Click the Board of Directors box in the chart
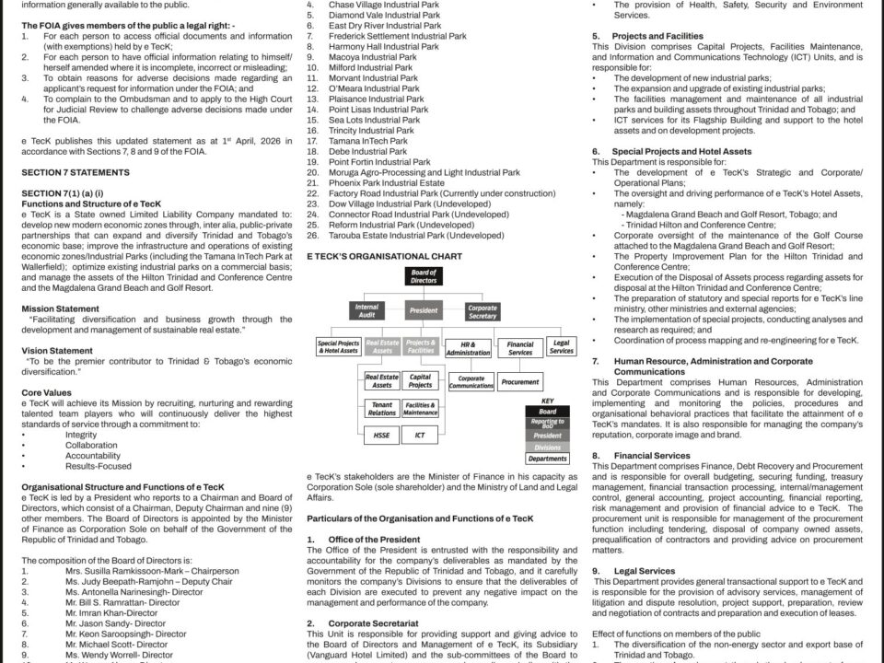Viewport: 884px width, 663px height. click(424, 277)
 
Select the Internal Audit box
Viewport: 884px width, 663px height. click(366, 311)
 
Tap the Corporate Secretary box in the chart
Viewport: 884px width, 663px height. click(483, 311)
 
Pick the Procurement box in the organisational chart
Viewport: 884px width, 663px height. click(520, 381)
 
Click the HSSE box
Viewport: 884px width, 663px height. click(381, 435)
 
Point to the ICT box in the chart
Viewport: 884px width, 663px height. click(420, 435)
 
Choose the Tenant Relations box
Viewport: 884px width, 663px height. click(381, 408)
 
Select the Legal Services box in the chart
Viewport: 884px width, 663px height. click(561, 346)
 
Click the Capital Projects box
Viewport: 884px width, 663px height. click(420, 381)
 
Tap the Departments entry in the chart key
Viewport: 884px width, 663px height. click(548, 459)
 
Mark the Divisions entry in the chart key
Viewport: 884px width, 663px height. click(548, 446)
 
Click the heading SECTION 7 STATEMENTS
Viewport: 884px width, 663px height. click(69, 172)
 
